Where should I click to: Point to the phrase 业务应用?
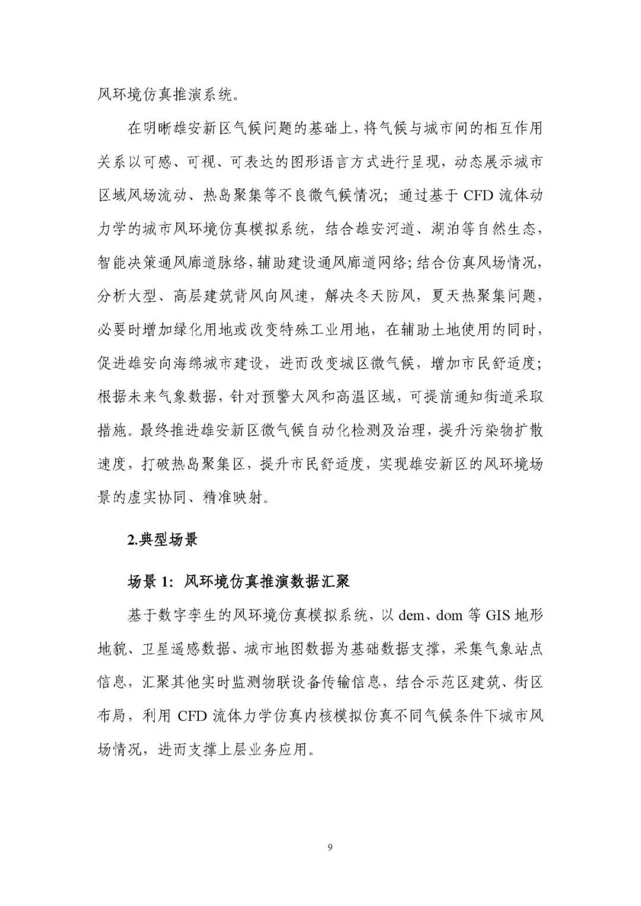tap(281, 749)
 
